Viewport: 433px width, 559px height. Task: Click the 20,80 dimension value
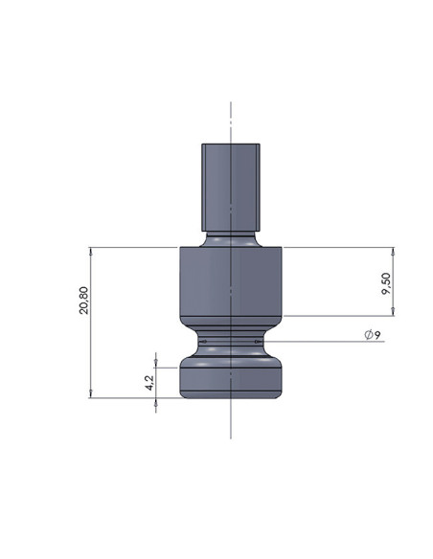pos(83,301)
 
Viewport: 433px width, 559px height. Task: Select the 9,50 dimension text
pos(386,283)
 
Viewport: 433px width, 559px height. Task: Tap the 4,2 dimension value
pos(150,383)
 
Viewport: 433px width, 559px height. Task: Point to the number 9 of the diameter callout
pos(377,335)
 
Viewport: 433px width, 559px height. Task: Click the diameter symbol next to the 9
pos(369,335)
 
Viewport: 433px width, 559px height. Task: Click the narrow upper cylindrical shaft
pos(231,188)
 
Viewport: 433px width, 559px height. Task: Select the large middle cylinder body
pos(231,281)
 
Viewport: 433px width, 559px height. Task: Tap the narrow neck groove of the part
pos(231,342)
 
